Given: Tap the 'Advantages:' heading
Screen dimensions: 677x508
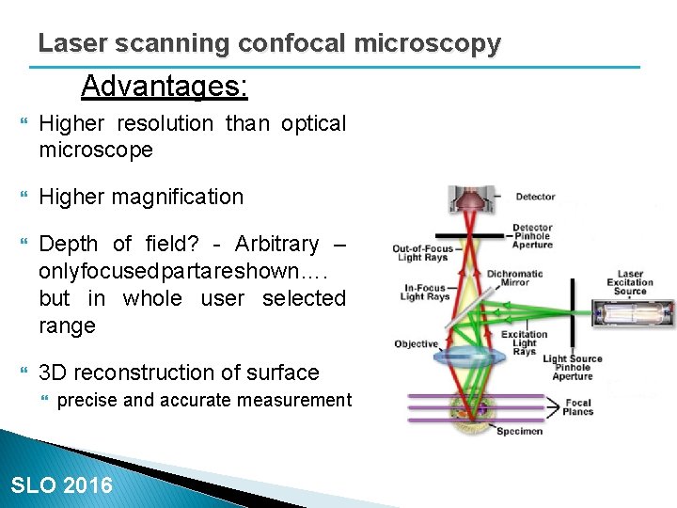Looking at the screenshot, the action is (165, 87).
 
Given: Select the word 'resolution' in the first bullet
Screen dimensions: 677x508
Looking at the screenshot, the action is (165, 123).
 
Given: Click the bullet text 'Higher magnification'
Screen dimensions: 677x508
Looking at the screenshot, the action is (141, 197).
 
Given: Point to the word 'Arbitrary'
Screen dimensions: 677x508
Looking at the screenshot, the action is (276, 244).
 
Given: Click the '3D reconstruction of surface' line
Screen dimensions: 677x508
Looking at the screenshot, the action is (179, 373).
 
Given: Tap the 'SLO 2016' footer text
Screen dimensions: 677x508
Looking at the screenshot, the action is (61, 485).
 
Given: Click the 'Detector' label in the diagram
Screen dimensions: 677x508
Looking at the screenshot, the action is (535, 197).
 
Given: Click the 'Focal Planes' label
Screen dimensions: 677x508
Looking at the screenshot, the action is (578, 407).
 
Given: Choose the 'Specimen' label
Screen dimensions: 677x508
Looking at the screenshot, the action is (518, 432).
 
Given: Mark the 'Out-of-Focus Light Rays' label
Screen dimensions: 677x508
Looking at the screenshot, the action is (423, 252).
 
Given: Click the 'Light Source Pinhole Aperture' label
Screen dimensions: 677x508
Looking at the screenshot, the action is (573, 367).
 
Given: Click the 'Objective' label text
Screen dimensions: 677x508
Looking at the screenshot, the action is (416, 343).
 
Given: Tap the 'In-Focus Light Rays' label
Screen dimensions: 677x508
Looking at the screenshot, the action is (425, 293).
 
